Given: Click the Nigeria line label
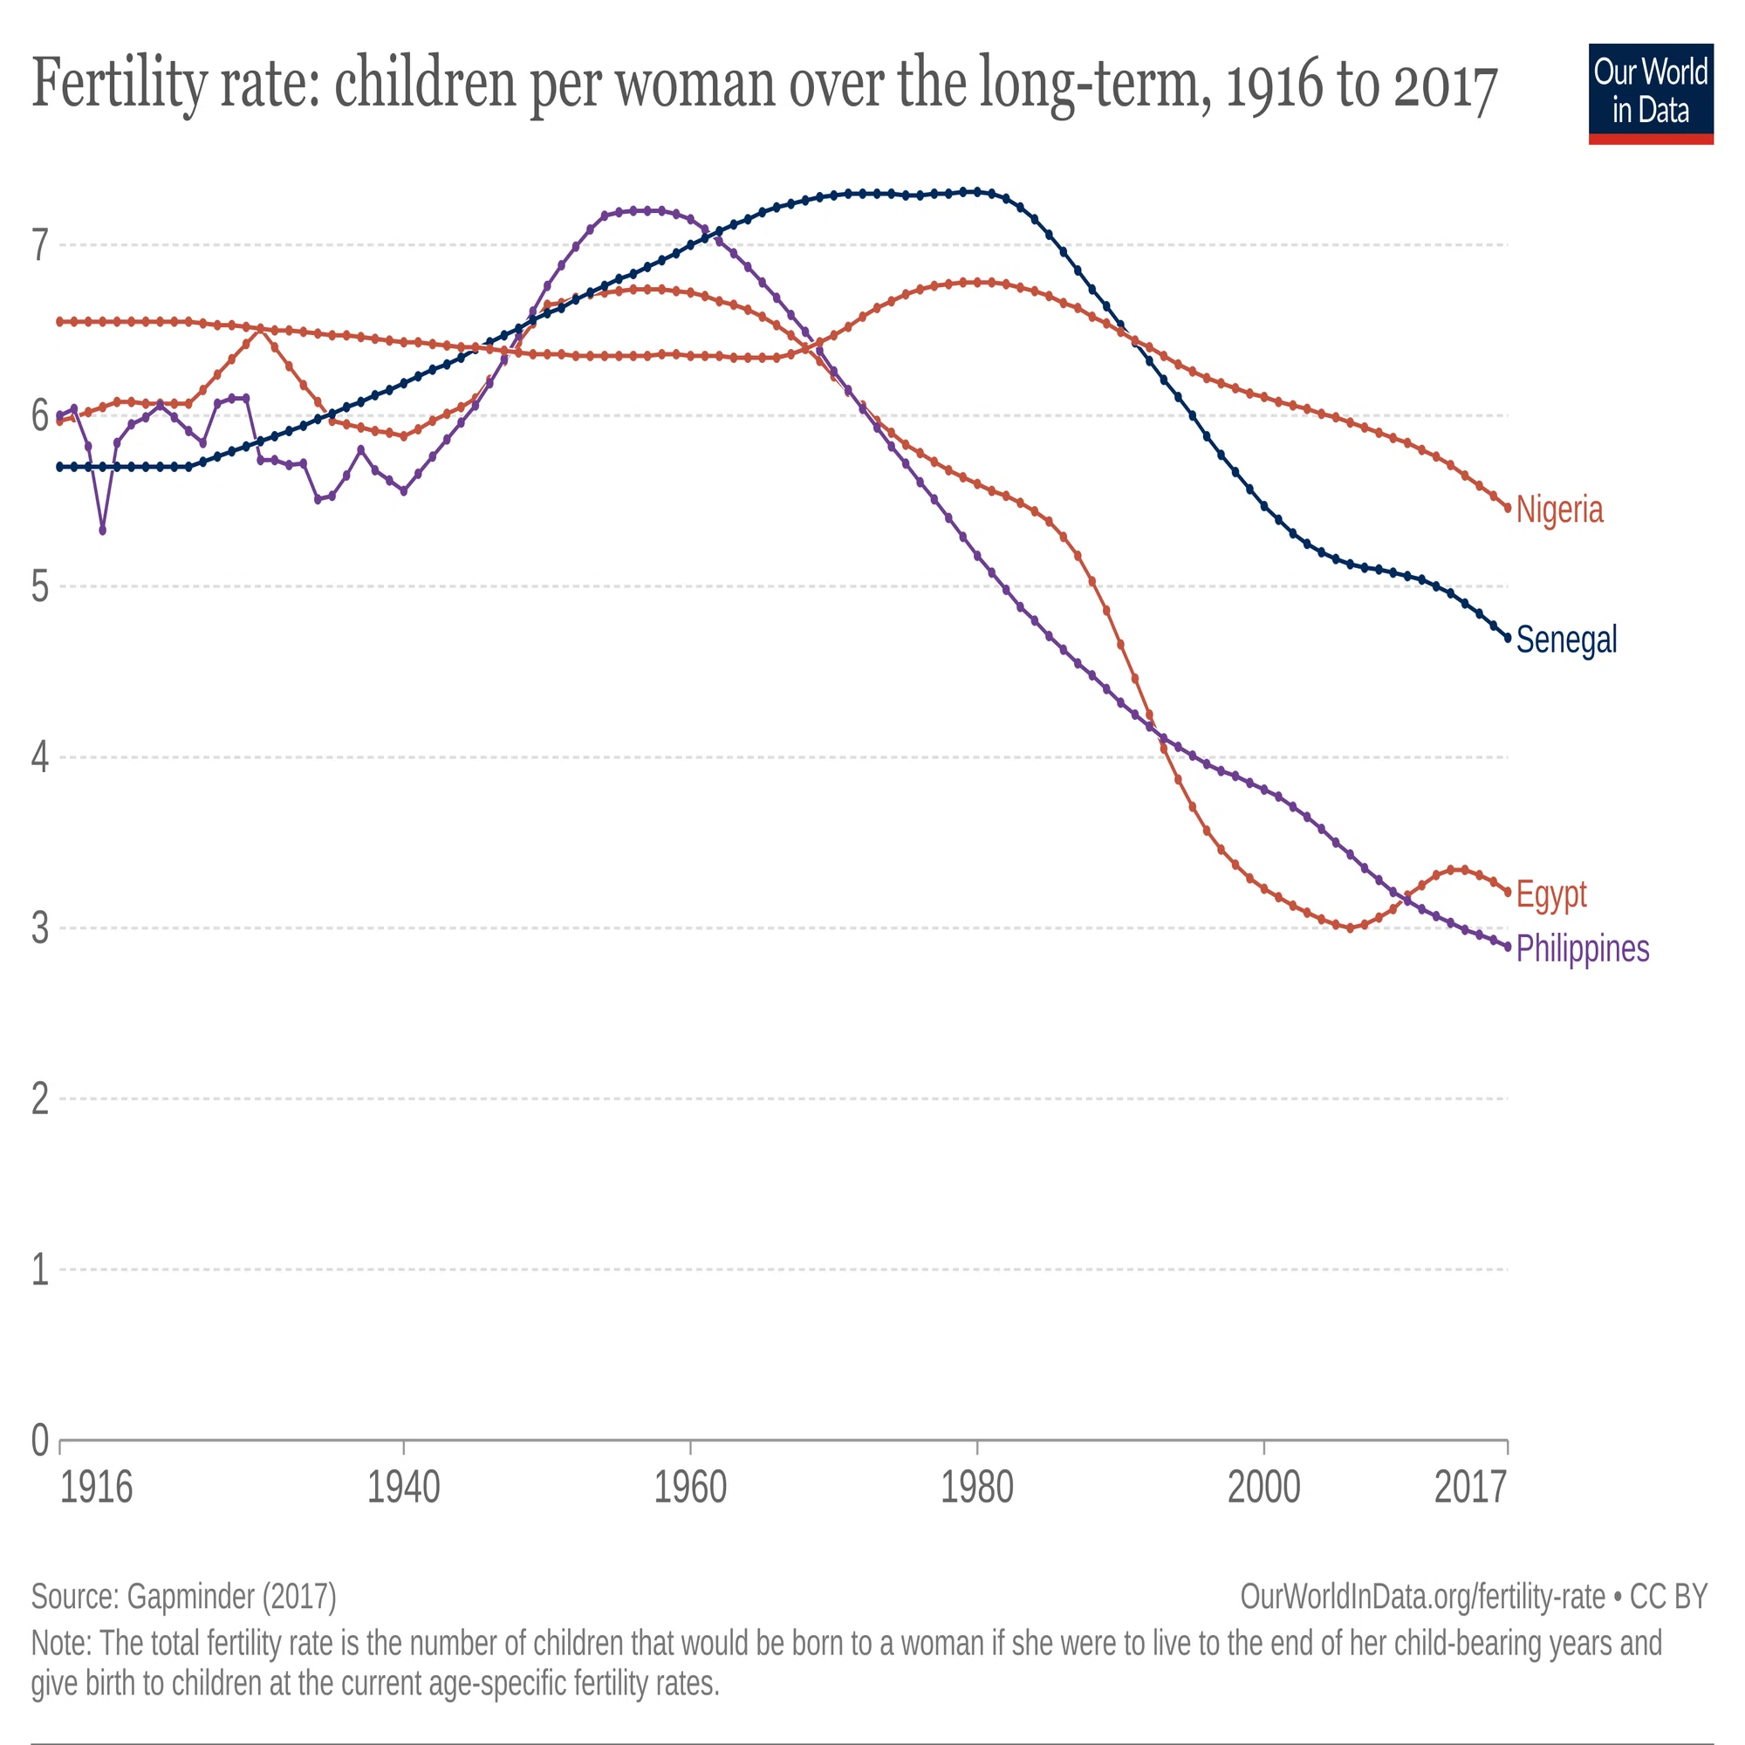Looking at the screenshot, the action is point(1559,510).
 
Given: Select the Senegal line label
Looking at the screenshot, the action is point(1566,640).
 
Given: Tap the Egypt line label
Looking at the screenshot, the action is point(1550,894).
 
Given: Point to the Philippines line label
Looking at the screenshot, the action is point(1583,948).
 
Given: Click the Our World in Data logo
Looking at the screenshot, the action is point(1651,94).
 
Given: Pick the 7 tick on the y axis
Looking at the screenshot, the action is point(40,246).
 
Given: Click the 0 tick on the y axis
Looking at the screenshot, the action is point(40,1440).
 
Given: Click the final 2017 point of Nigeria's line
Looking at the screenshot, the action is point(1508,508).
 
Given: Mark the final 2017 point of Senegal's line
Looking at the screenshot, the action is point(1508,638).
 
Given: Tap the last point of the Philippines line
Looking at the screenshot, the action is point(1508,947).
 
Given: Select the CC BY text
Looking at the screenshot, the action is point(1668,1596).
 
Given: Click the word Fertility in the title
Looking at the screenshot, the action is point(120,83).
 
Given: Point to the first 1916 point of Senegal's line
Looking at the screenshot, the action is point(59,467).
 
